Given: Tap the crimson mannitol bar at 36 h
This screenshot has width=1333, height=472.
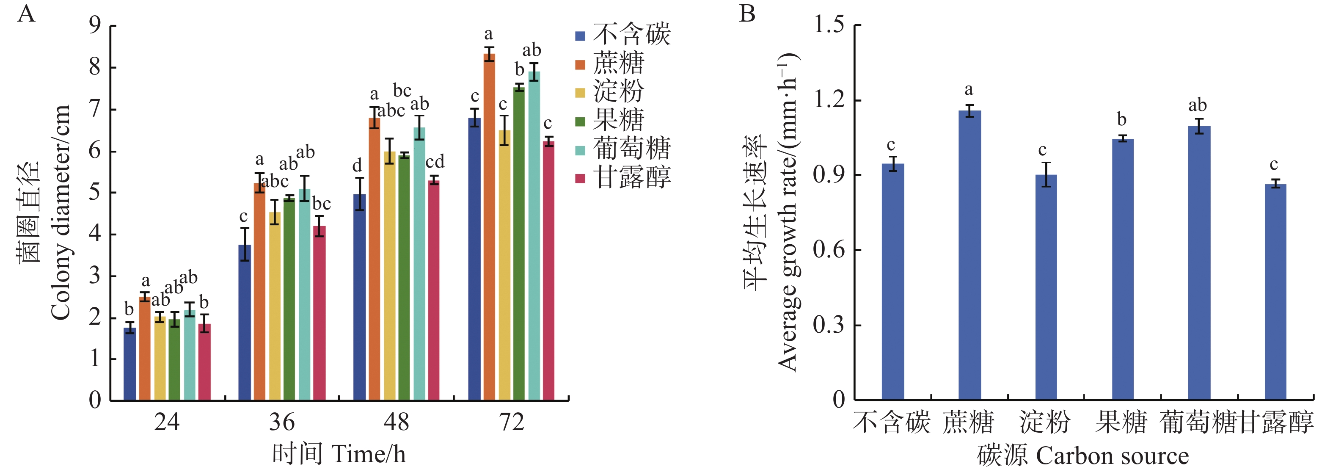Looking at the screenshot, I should click(319, 313).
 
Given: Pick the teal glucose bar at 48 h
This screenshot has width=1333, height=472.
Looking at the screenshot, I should click(419, 264).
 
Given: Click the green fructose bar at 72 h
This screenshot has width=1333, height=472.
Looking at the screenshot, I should click(519, 243).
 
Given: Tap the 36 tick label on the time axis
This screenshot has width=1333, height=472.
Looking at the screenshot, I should click(282, 422).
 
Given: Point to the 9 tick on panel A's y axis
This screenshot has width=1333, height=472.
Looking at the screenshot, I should click(95, 25).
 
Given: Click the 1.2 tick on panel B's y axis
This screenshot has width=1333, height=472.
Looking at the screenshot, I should click(829, 99).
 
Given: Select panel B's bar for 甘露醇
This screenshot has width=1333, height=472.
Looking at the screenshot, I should click(1275, 292).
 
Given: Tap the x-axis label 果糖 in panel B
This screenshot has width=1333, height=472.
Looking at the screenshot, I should click(1121, 422).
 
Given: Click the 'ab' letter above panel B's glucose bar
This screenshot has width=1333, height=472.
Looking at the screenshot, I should click(1198, 105).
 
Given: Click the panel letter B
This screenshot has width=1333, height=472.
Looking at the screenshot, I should click(747, 14).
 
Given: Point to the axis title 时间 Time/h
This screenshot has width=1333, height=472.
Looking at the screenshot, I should click(339, 454).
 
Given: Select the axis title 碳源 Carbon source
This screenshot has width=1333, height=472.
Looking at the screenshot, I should click(1082, 456).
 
